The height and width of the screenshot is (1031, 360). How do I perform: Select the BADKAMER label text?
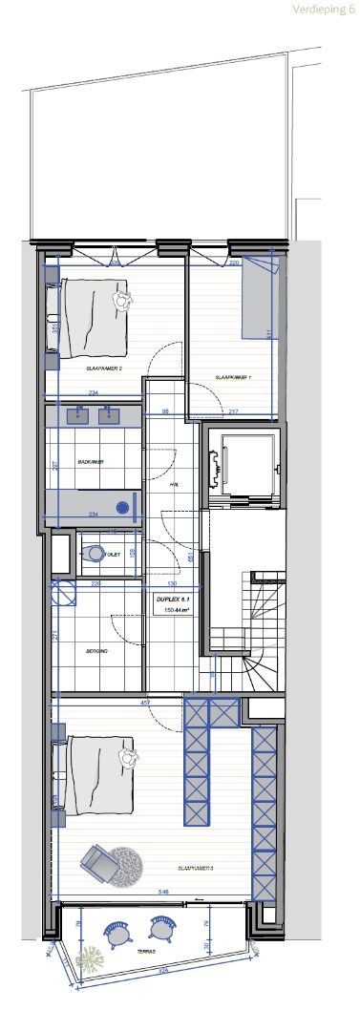pyautogui.click(x=91, y=461)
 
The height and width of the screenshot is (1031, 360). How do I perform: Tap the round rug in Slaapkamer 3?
pyautogui.click(x=125, y=861)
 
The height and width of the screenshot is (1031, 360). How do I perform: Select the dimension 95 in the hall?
pyautogui.click(x=164, y=411)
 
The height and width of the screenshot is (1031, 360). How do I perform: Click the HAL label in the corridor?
pyautogui.click(x=174, y=485)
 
